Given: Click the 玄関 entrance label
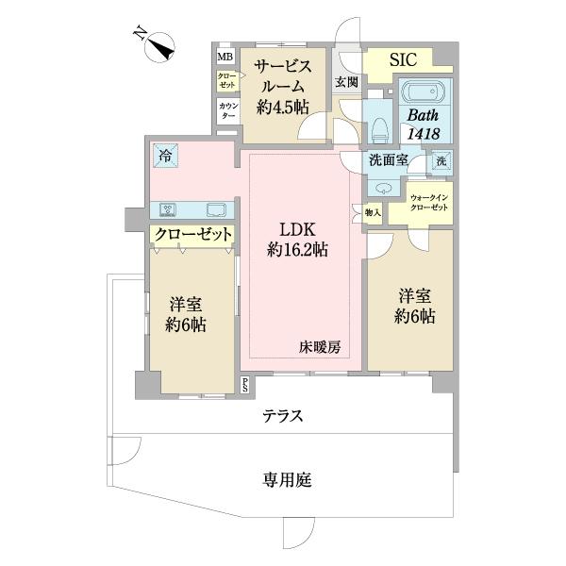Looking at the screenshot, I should [345, 82].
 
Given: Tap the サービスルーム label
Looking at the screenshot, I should [280, 85].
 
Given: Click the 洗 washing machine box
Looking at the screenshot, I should [440, 160].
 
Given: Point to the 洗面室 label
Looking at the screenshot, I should [389, 160].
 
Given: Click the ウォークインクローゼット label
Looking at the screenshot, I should [430, 201].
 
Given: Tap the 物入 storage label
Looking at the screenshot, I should [373, 213].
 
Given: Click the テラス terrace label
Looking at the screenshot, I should [282, 416].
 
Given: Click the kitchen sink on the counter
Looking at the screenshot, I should [216, 208].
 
